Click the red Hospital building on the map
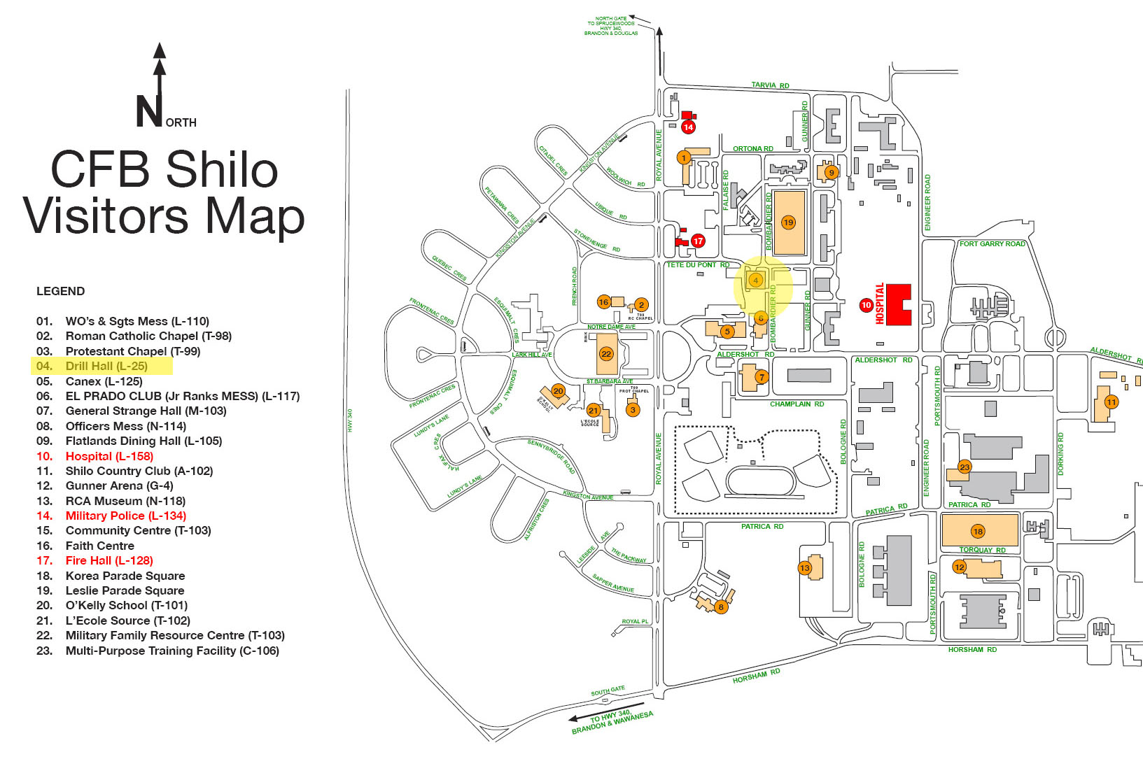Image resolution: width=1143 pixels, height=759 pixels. coord(898,304)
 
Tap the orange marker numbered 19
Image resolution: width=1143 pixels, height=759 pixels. coord(788,222)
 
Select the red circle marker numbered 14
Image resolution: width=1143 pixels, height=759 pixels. coord(688,127)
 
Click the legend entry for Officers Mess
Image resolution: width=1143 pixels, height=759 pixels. coord(125,426)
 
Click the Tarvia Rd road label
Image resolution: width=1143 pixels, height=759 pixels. coord(770,85)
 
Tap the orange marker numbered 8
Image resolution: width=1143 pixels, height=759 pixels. coord(720,607)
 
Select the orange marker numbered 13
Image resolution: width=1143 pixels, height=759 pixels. coord(804,567)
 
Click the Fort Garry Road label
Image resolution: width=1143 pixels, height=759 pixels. coord(992,244)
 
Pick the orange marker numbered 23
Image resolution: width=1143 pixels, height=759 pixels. coord(965,467)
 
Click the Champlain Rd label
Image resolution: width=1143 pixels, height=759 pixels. coord(797,404)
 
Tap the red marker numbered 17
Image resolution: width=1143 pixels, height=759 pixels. coord(698,241)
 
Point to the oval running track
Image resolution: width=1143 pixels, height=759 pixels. coord(760,482)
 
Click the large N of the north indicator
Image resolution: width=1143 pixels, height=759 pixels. coord(149,112)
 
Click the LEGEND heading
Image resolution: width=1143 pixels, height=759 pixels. coord(60,291)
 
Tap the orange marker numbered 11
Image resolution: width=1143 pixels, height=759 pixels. coord(1111,402)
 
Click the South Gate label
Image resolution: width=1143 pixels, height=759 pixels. coord(608,690)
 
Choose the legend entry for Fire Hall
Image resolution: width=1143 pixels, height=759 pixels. coord(108,560)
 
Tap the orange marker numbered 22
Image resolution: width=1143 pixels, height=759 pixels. coord(606,353)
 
